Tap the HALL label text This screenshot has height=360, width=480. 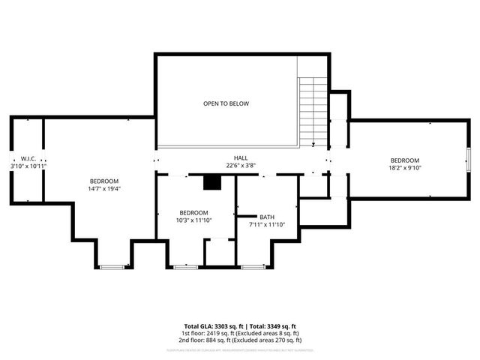click(x=241, y=158)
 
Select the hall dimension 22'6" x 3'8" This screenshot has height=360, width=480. click(x=241, y=166)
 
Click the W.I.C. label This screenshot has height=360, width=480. click(x=28, y=158)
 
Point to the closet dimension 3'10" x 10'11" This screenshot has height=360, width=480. click(x=28, y=166)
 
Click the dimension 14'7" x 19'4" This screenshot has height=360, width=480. click(x=104, y=189)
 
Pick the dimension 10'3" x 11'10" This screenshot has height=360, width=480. click(x=193, y=220)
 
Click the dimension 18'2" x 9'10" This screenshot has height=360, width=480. click(x=404, y=168)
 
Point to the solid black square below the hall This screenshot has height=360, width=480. click(x=214, y=182)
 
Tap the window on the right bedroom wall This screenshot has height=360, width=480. click(x=468, y=160)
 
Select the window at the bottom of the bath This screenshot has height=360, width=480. click(x=251, y=265)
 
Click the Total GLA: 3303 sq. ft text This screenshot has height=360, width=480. click(x=214, y=325)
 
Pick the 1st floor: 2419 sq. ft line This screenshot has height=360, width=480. click(x=241, y=332)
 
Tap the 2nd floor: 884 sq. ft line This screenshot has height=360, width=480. click(x=241, y=339)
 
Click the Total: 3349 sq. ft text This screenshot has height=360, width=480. click(x=274, y=325)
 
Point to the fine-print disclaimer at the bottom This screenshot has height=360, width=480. click(x=241, y=349)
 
